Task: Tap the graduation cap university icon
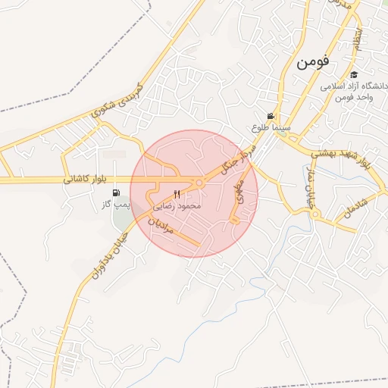coord(354,74)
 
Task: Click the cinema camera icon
coord(271,115)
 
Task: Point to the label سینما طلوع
coord(272,128)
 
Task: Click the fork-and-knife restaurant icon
coord(177,195)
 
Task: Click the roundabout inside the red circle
coord(199,183)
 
